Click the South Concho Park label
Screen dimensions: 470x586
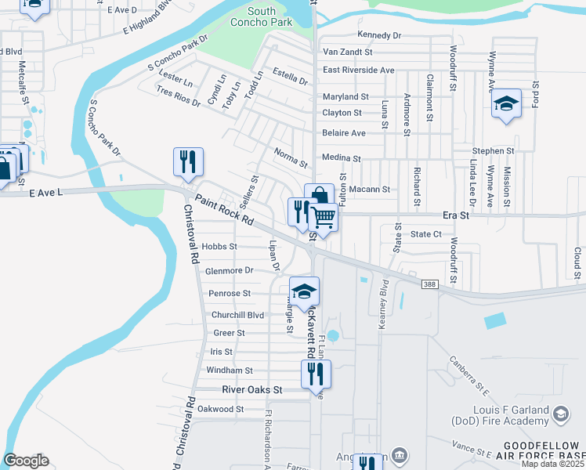(272, 16)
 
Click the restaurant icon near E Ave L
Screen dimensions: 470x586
(188, 161)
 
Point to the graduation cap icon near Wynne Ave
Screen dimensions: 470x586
(506, 103)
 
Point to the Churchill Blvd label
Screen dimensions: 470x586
(237, 315)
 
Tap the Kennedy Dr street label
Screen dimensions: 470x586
(378, 36)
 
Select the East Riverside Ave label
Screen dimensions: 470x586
(358, 70)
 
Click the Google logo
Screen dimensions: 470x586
(26, 461)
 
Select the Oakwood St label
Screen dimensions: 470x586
(221, 409)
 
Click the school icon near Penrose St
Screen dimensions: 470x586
(303, 291)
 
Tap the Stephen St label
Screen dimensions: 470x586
(493, 150)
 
